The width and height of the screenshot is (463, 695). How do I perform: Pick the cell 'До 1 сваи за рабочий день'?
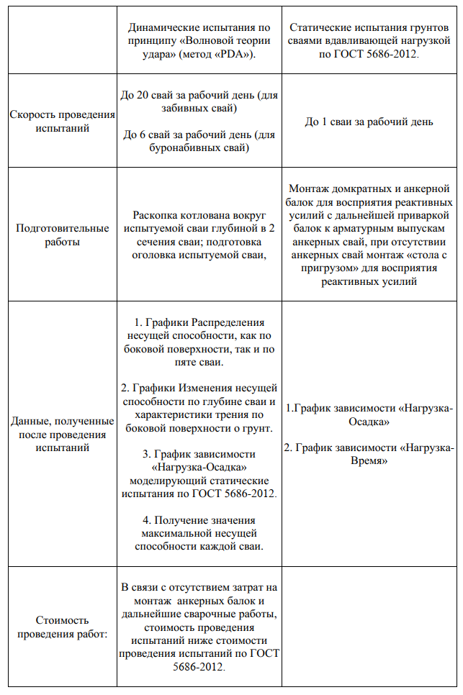point(369,122)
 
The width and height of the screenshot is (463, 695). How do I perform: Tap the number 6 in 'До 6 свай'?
point(145,135)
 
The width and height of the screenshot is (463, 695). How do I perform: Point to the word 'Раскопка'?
point(156,214)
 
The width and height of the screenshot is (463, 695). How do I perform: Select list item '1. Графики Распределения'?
point(199,323)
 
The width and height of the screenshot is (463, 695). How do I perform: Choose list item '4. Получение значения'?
point(199,519)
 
